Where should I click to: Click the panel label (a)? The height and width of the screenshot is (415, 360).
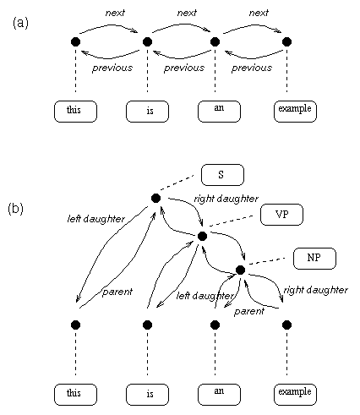point(20,23)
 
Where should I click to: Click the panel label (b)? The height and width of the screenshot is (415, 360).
point(16,209)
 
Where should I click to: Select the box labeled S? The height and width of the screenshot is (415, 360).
point(222,175)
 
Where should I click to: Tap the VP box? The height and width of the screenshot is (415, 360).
point(281,215)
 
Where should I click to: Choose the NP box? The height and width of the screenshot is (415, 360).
point(314,259)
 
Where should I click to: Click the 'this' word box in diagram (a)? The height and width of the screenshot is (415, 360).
point(75,112)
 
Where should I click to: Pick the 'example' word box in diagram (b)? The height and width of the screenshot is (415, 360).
point(295,395)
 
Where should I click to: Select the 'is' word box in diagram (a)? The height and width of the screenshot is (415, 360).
point(147,112)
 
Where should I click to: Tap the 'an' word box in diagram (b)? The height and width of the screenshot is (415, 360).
point(219,395)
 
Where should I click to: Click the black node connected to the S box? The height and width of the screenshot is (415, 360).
point(155,198)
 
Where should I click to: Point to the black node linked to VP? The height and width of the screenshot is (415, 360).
point(202,236)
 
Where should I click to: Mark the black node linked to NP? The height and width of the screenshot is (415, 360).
point(240,270)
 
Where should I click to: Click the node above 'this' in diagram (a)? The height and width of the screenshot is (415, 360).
point(75,41)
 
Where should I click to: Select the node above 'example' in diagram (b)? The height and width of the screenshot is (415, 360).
point(286,325)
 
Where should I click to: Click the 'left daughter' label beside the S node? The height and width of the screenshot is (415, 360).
point(96,219)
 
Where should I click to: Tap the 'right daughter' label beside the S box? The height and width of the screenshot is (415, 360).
point(226,199)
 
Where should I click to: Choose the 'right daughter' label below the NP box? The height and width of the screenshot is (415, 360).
point(316,290)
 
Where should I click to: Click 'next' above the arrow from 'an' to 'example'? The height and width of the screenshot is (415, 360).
point(259,13)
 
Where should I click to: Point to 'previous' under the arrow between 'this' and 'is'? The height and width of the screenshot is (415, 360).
point(112,68)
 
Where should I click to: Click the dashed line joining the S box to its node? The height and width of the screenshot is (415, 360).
point(177,183)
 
